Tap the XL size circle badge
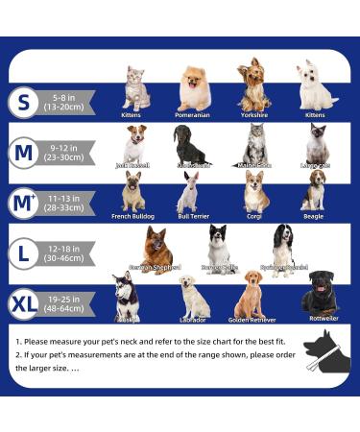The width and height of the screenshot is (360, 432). click(27, 304)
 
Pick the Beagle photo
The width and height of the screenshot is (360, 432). click(313, 190)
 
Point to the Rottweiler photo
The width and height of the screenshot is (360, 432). click(320, 293)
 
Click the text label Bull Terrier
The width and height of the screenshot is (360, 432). click(193, 217)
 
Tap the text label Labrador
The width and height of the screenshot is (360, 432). click(193, 320)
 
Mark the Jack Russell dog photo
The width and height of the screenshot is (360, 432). click(134, 143)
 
